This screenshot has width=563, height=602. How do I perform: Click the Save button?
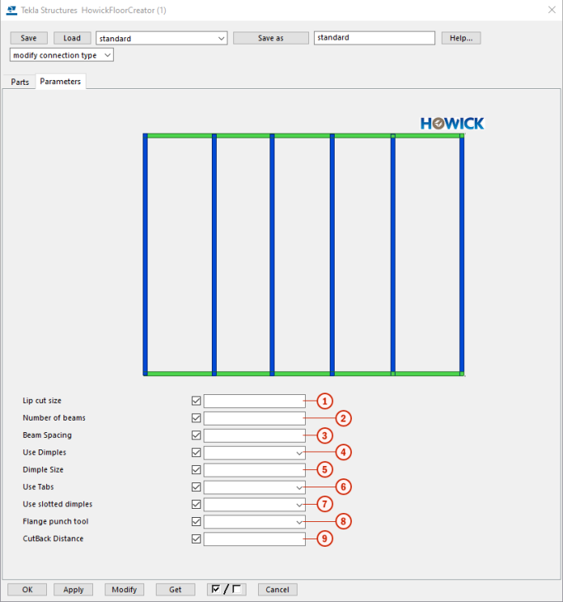click(x=29, y=38)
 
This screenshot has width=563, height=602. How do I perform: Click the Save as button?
click(x=270, y=38)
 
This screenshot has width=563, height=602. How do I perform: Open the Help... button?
click(x=461, y=38)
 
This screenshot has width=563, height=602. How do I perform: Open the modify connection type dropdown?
click(x=62, y=55)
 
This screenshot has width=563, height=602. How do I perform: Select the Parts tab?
click(x=20, y=82)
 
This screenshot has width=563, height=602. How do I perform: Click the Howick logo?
click(x=452, y=124)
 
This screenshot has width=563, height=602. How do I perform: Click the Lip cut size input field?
click(x=254, y=401)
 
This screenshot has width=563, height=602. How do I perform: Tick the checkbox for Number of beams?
click(x=196, y=418)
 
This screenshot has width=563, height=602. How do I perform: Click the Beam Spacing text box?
click(x=254, y=435)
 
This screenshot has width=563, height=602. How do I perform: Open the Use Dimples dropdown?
click(x=254, y=453)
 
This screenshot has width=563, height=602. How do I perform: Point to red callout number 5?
click(x=325, y=470)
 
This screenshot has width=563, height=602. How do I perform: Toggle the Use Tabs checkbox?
click(x=196, y=487)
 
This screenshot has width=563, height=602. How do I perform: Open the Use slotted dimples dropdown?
click(x=254, y=505)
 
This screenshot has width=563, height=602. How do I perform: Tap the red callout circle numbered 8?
click(x=344, y=522)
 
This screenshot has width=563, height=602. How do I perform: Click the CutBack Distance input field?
click(x=254, y=539)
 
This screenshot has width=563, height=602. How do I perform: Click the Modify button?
click(x=124, y=590)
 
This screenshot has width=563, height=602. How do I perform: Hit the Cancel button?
click(x=277, y=590)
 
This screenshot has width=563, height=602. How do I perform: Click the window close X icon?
click(x=551, y=10)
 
